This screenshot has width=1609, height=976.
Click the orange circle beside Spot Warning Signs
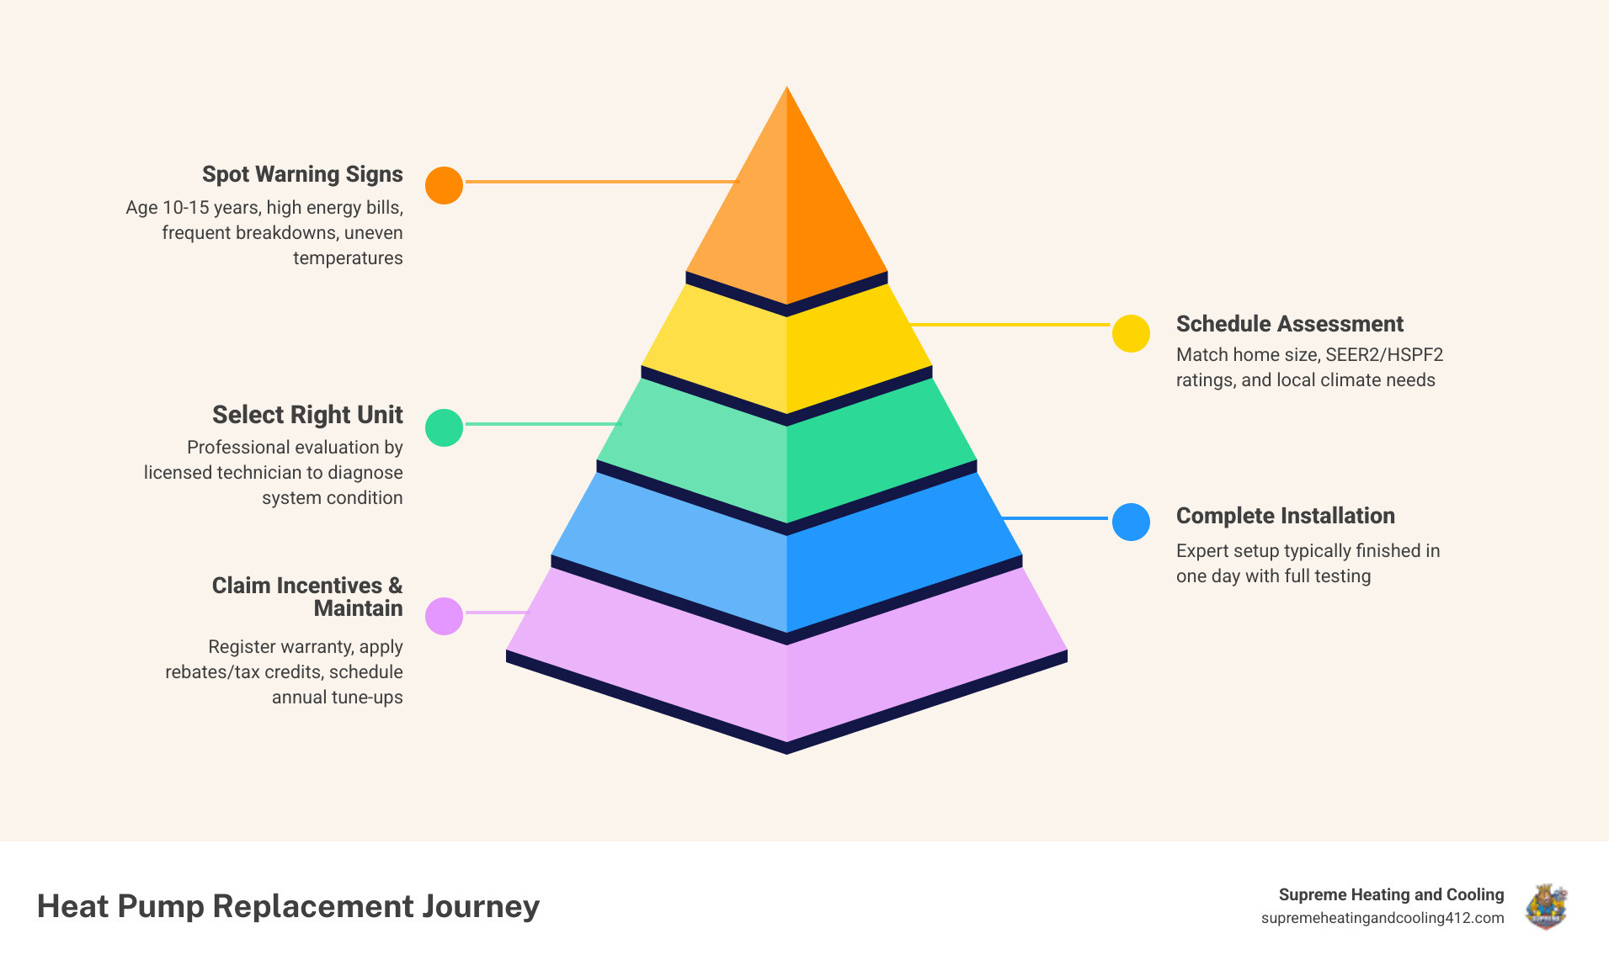tap(444, 185)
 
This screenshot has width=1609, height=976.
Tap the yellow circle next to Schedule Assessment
tap(1131, 333)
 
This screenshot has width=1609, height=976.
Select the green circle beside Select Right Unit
tap(444, 427)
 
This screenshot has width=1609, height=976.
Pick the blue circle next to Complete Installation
tap(1131, 522)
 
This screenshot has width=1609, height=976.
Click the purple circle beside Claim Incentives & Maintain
tap(444, 616)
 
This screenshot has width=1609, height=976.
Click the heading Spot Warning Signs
tap(302, 174)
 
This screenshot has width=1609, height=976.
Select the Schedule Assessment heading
tap(1289, 324)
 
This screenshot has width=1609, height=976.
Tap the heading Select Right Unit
tap(307, 415)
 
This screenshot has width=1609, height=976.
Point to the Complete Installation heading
tap(1285, 516)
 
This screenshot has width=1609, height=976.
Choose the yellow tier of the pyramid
tap(786, 353)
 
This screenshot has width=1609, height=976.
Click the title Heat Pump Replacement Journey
tap(288, 906)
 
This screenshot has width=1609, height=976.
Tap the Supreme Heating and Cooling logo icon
tap(1546, 906)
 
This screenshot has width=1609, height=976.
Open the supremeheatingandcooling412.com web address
tap(1382, 918)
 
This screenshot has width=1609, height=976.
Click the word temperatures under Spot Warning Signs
tap(348, 258)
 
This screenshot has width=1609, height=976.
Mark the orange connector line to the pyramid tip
tap(601, 181)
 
